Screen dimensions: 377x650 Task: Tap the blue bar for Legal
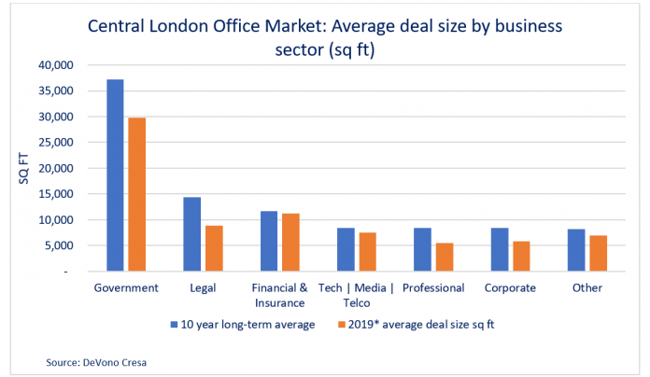point(191,234)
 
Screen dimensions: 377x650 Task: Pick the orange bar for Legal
point(214,248)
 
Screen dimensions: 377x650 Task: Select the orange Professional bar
point(445,257)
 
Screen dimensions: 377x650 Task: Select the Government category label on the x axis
point(126,287)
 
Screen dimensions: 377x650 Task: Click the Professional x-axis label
point(433,287)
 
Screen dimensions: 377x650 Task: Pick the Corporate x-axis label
point(510,287)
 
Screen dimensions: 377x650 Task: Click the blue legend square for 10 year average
point(174,324)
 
